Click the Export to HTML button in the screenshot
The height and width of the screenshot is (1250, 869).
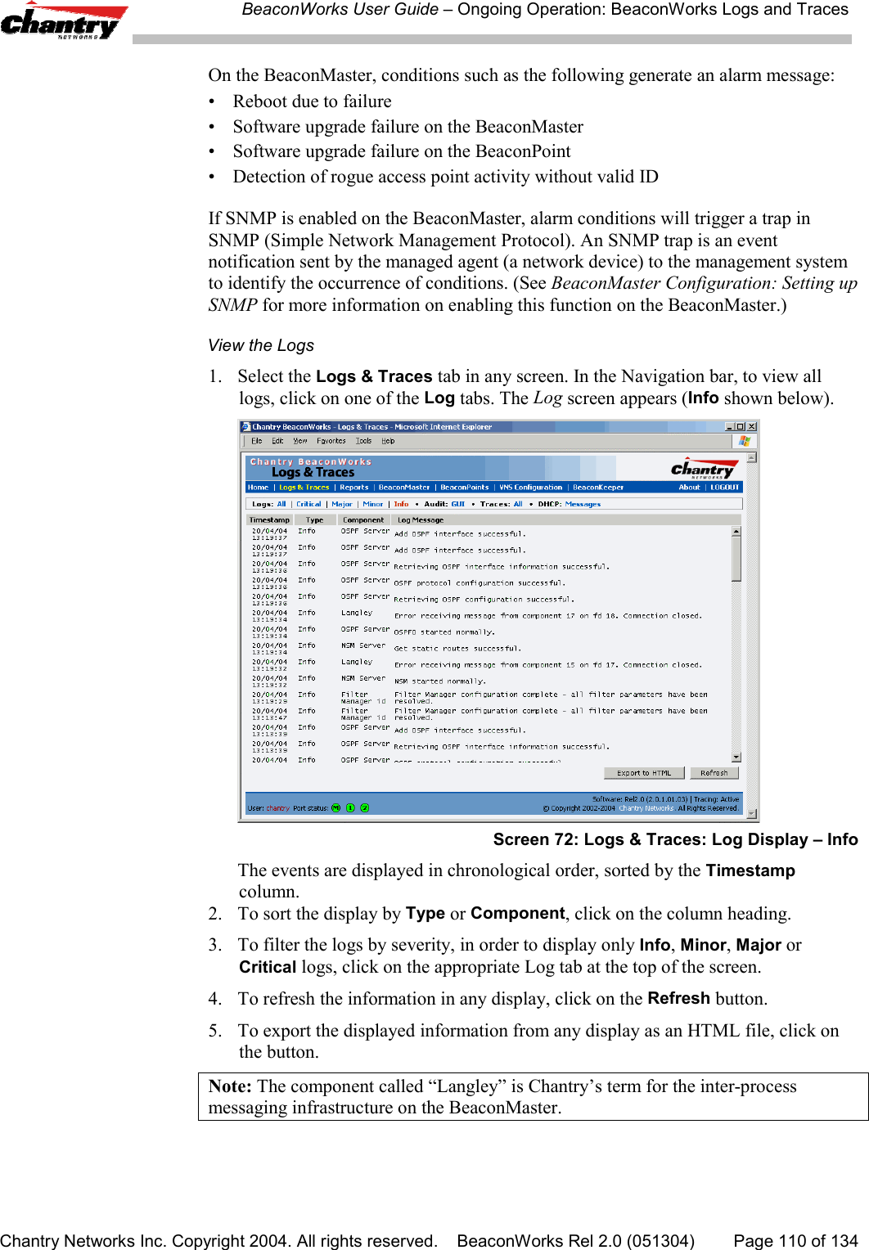643,773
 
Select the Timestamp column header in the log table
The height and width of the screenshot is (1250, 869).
269,520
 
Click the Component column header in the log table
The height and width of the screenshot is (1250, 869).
363,520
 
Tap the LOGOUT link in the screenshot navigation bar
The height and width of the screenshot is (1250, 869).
724,488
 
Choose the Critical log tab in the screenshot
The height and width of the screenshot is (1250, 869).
308,505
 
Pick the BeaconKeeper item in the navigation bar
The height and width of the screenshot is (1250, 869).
598,488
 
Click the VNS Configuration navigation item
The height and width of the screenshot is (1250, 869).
531,488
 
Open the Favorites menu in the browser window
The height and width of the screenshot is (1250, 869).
331,441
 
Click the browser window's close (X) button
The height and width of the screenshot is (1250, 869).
752,426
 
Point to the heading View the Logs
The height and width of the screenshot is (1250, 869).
261,345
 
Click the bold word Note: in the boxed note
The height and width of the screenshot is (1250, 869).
230,1086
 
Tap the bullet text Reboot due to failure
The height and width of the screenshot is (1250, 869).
312,101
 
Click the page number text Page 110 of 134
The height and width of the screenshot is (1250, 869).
795,1240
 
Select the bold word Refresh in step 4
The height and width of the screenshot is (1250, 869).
678,999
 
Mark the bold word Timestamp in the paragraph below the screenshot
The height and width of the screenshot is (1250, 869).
750,870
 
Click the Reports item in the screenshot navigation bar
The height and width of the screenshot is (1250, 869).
354,488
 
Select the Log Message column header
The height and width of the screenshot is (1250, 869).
421,520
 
